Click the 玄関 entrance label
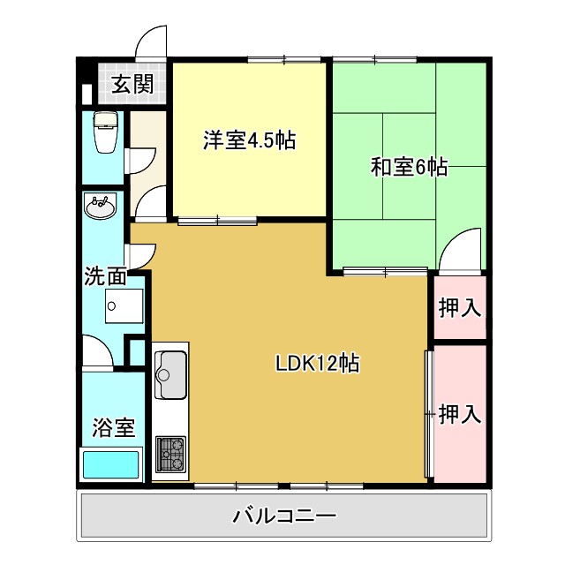[x=132, y=85]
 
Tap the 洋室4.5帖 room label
[x=250, y=139]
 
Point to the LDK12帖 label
[x=317, y=362]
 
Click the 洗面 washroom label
[x=104, y=275]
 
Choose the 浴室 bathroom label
[x=114, y=428]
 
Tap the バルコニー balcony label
[x=284, y=516]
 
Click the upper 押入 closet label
[x=460, y=307]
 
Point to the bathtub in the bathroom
[x=111, y=464]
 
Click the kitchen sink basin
[x=169, y=373]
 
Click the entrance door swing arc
[x=152, y=40]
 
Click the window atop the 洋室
[x=284, y=60]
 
